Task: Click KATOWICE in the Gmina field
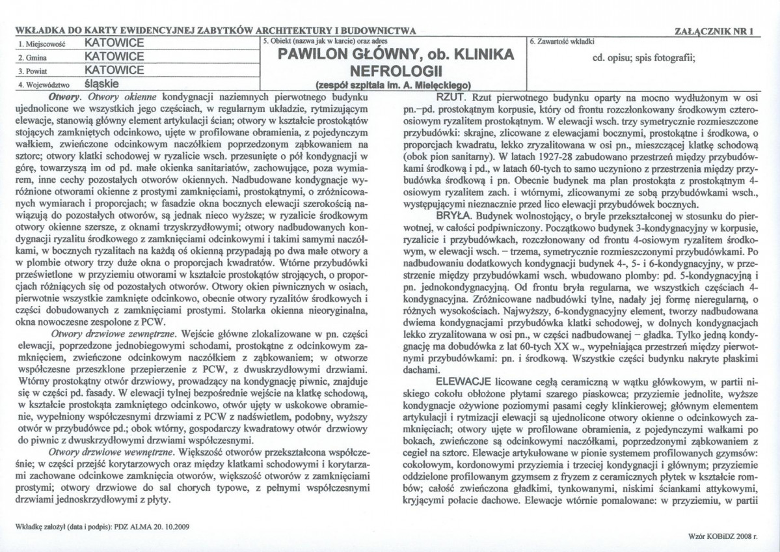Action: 114,56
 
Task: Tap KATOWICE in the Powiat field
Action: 114,69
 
